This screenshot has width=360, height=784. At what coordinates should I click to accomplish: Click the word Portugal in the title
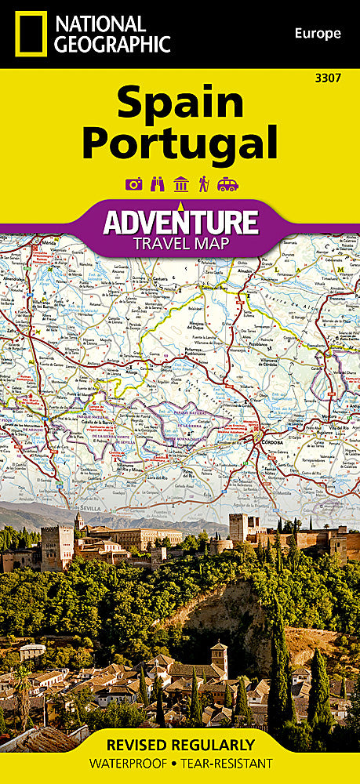coord(180,143)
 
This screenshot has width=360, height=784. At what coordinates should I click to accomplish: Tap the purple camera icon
coord(134,184)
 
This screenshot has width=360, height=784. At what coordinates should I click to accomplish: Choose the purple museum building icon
coord(180,184)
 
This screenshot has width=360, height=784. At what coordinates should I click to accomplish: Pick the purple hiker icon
coord(203,184)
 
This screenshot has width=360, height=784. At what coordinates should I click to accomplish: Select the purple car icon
coord(227,184)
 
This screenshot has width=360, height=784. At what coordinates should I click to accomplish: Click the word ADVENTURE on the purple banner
coord(180,222)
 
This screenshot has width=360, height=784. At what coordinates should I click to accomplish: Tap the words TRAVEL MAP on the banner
coord(180,243)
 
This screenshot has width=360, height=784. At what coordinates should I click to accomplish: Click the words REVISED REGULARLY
coord(180,745)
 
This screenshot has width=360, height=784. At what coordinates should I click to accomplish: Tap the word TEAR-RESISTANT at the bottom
coord(229,763)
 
